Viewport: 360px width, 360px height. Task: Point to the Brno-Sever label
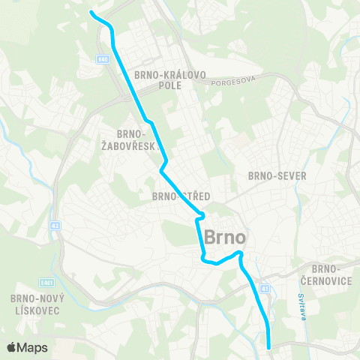coord(277,175)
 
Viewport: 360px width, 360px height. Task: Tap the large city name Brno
coord(225,235)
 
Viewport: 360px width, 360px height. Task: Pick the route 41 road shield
coord(265,288)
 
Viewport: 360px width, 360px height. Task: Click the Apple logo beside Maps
coord(13,347)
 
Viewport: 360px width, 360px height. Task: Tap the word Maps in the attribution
coord(33,347)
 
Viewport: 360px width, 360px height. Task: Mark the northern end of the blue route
coord(91,13)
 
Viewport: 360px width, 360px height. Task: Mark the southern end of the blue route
coord(269,346)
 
